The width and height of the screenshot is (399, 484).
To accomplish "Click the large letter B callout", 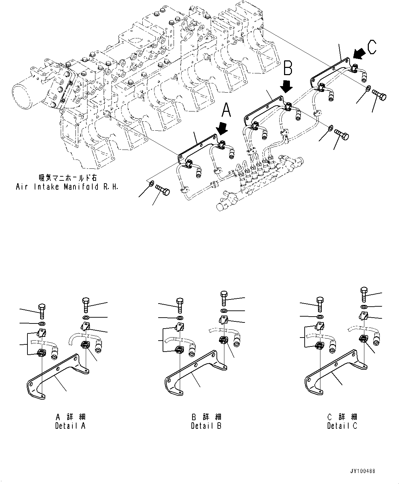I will [x=287, y=68].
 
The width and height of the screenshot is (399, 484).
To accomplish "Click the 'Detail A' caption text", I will [x=70, y=426].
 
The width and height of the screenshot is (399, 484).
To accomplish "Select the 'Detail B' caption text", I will [x=206, y=426].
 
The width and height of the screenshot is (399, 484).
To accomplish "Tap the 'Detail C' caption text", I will [x=342, y=426].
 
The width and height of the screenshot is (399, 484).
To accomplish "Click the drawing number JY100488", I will [x=363, y=471].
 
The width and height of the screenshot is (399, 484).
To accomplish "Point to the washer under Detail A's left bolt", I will [x=42, y=324].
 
